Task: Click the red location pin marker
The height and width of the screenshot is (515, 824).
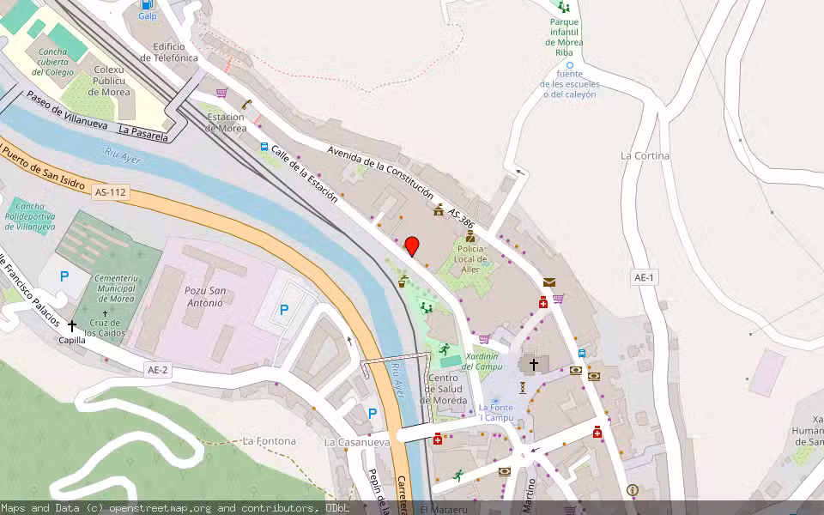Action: tap(412, 245)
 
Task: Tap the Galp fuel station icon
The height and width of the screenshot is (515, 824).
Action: tap(148, 4)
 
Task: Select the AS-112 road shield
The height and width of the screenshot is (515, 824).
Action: tap(111, 193)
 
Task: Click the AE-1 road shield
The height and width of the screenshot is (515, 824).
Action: tap(645, 277)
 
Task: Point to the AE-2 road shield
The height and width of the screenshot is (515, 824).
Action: tap(158, 369)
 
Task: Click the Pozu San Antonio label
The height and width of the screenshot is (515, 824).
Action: tap(204, 296)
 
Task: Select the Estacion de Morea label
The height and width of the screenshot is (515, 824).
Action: tap(226, 123)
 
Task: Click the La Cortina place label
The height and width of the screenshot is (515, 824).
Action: tap(645, 156)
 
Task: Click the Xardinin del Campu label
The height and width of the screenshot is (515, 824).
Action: tap(482, 360)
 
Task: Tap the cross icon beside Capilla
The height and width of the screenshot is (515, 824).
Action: tap(72, 325)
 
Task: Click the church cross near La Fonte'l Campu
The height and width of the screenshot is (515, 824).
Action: tap(533, 365)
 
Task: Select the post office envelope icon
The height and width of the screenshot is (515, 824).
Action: tap(549, 282)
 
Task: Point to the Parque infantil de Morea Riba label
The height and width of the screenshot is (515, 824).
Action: tap(565, 36)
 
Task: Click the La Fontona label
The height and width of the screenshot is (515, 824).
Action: tap(270, 441)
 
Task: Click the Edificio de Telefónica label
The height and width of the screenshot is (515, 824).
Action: tap(176, 51)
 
